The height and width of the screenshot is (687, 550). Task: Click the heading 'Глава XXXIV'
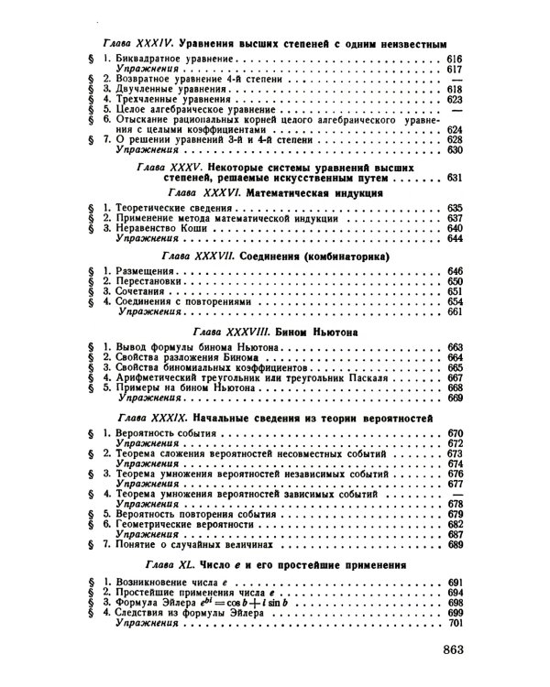[x=138, y=42]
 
